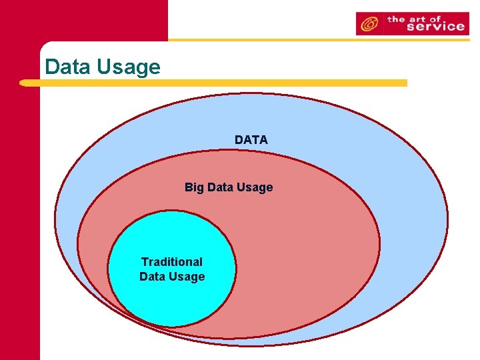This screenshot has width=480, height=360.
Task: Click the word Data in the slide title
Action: [68, 67]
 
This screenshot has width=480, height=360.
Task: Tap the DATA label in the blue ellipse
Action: [251, 140]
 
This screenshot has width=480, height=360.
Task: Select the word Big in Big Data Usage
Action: [194, 187]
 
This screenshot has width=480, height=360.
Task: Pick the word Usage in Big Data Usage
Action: [253, 188]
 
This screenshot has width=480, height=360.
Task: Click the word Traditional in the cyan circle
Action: [172, 262]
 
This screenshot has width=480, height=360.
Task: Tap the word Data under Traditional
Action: [153, 277]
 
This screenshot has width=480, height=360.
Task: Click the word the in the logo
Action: [397, 19]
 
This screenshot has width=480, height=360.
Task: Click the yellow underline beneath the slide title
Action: [213, 83]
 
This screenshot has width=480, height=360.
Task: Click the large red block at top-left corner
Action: [83, 20]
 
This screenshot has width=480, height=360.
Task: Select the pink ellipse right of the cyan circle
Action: [307, 253]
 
